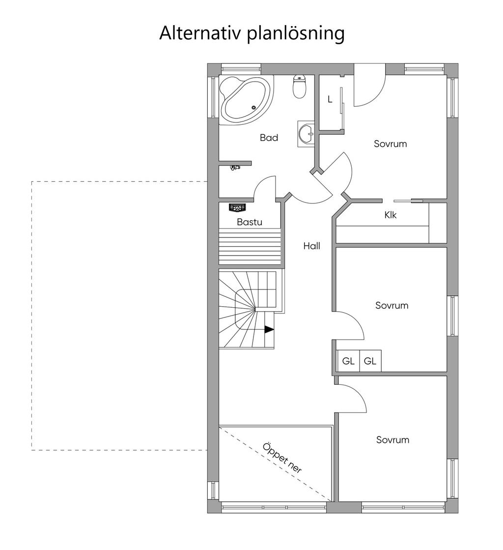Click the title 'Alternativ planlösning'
(251, 33)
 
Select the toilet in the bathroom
(300, 87)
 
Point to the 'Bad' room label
(269, 138)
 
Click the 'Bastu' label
(250, 222)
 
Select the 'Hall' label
(311, 246)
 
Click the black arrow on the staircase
(269, 330)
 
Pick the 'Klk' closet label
(391, 215)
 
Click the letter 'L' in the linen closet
(330, 99)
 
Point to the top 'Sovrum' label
(390, 144)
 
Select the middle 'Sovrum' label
(391, 305)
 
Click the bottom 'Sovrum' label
(392, 440)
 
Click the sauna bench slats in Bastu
(251, 248)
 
